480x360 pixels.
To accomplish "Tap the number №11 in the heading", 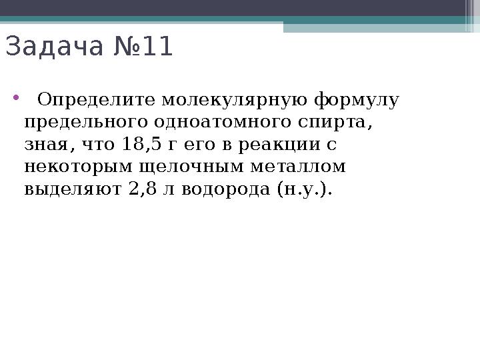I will tap(143, 47).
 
